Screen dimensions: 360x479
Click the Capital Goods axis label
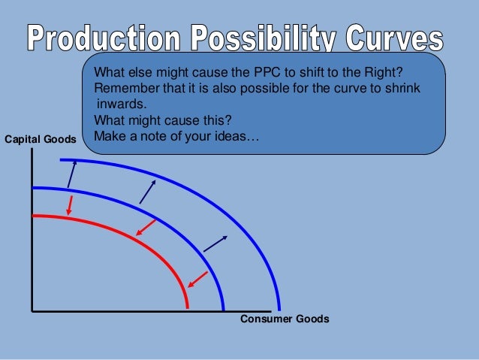pyautogui.click(x=41, y=139)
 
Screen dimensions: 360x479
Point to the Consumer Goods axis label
pyautogui.click(x=285, y=319)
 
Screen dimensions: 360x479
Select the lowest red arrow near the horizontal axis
pyautogui.click(x=197, y=280)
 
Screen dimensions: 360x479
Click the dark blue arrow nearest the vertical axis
pyautogui.click(x=71, y=174)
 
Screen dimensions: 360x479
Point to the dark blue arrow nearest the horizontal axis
pyautogui.click(x=215, y=243)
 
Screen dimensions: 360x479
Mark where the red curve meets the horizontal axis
pyautogui.click(x=188, y=309)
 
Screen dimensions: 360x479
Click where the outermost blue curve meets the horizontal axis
pyautogui.click(x=279, y=309)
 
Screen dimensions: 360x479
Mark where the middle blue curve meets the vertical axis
pyautogui.click(x=33, y=188)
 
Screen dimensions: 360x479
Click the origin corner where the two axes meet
pyautogui.click(x=32, y=310)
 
